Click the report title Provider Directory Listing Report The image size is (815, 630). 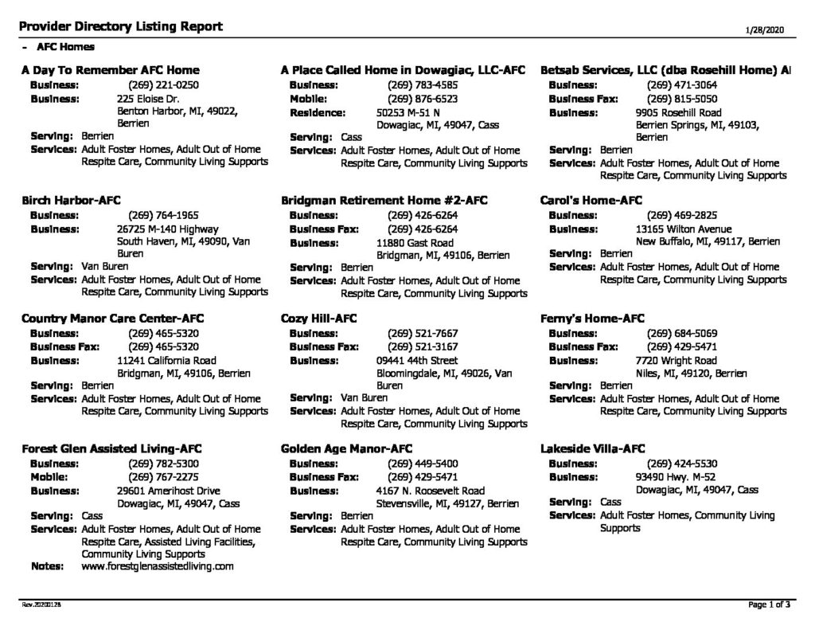122,27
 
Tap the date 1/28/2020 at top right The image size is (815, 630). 765,29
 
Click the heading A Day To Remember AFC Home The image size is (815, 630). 111,70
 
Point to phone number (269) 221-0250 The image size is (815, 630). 162,84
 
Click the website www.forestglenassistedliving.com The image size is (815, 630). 158,566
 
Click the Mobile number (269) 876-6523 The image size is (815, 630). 422,99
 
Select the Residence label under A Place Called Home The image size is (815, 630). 317,113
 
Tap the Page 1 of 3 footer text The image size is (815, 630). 769,605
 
